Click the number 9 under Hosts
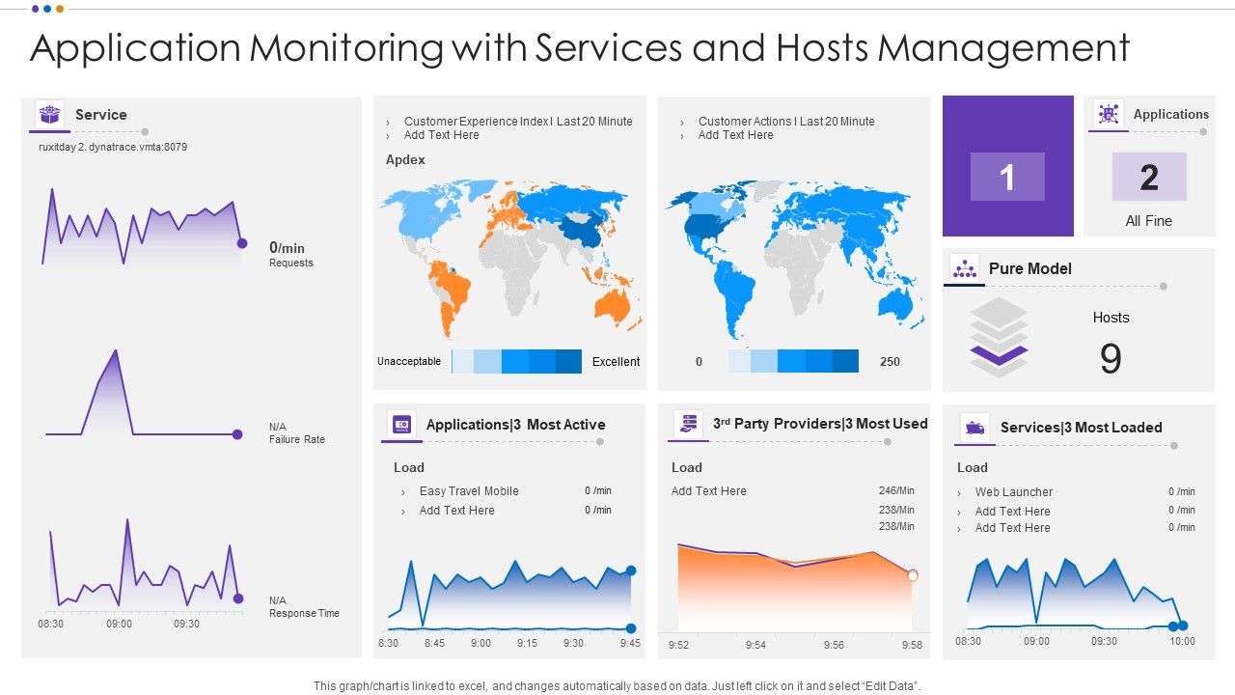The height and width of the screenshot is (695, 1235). [1111, 359]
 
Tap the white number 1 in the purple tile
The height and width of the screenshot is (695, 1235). [1007, 178]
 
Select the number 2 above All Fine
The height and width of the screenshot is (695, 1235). [1148, 178]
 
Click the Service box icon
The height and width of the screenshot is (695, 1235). [49, 114]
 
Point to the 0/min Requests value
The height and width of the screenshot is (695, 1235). [288, 248]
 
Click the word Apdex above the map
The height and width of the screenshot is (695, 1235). [405, 160]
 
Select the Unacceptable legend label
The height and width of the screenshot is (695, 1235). [409, 362]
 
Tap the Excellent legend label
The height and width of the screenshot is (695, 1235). [616, 362]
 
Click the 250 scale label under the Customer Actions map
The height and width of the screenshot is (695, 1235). [890, 362]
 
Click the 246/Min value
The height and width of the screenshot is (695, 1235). [896, 491]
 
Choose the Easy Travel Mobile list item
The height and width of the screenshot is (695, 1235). [469, 491]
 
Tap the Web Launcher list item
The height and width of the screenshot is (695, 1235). [1013, 492]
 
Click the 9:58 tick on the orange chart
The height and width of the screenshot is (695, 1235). [912, 645]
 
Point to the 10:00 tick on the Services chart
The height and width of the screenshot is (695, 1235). [1182, 641]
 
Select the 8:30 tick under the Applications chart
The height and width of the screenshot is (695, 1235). [388, 643]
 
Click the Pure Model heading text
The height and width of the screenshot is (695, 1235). [1029, 269]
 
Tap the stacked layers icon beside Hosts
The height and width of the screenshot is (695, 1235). [999, 337]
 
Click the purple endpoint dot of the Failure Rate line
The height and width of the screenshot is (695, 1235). [237, 434]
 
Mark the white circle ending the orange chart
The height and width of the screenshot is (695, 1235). [913, 575]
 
